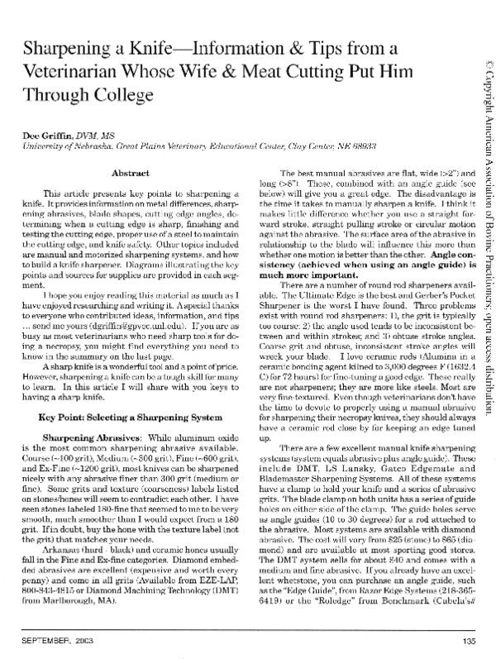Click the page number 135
pos(470,641)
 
